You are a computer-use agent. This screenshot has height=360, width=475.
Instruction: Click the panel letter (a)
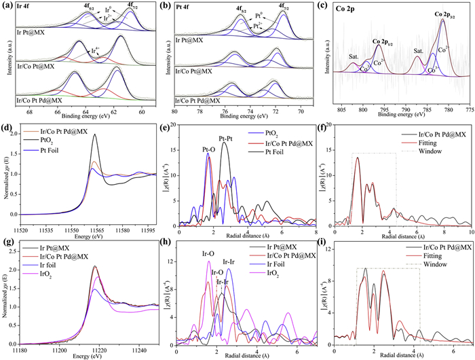(7, 7)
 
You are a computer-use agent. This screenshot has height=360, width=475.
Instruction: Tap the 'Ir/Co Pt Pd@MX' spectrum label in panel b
(202, 100)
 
